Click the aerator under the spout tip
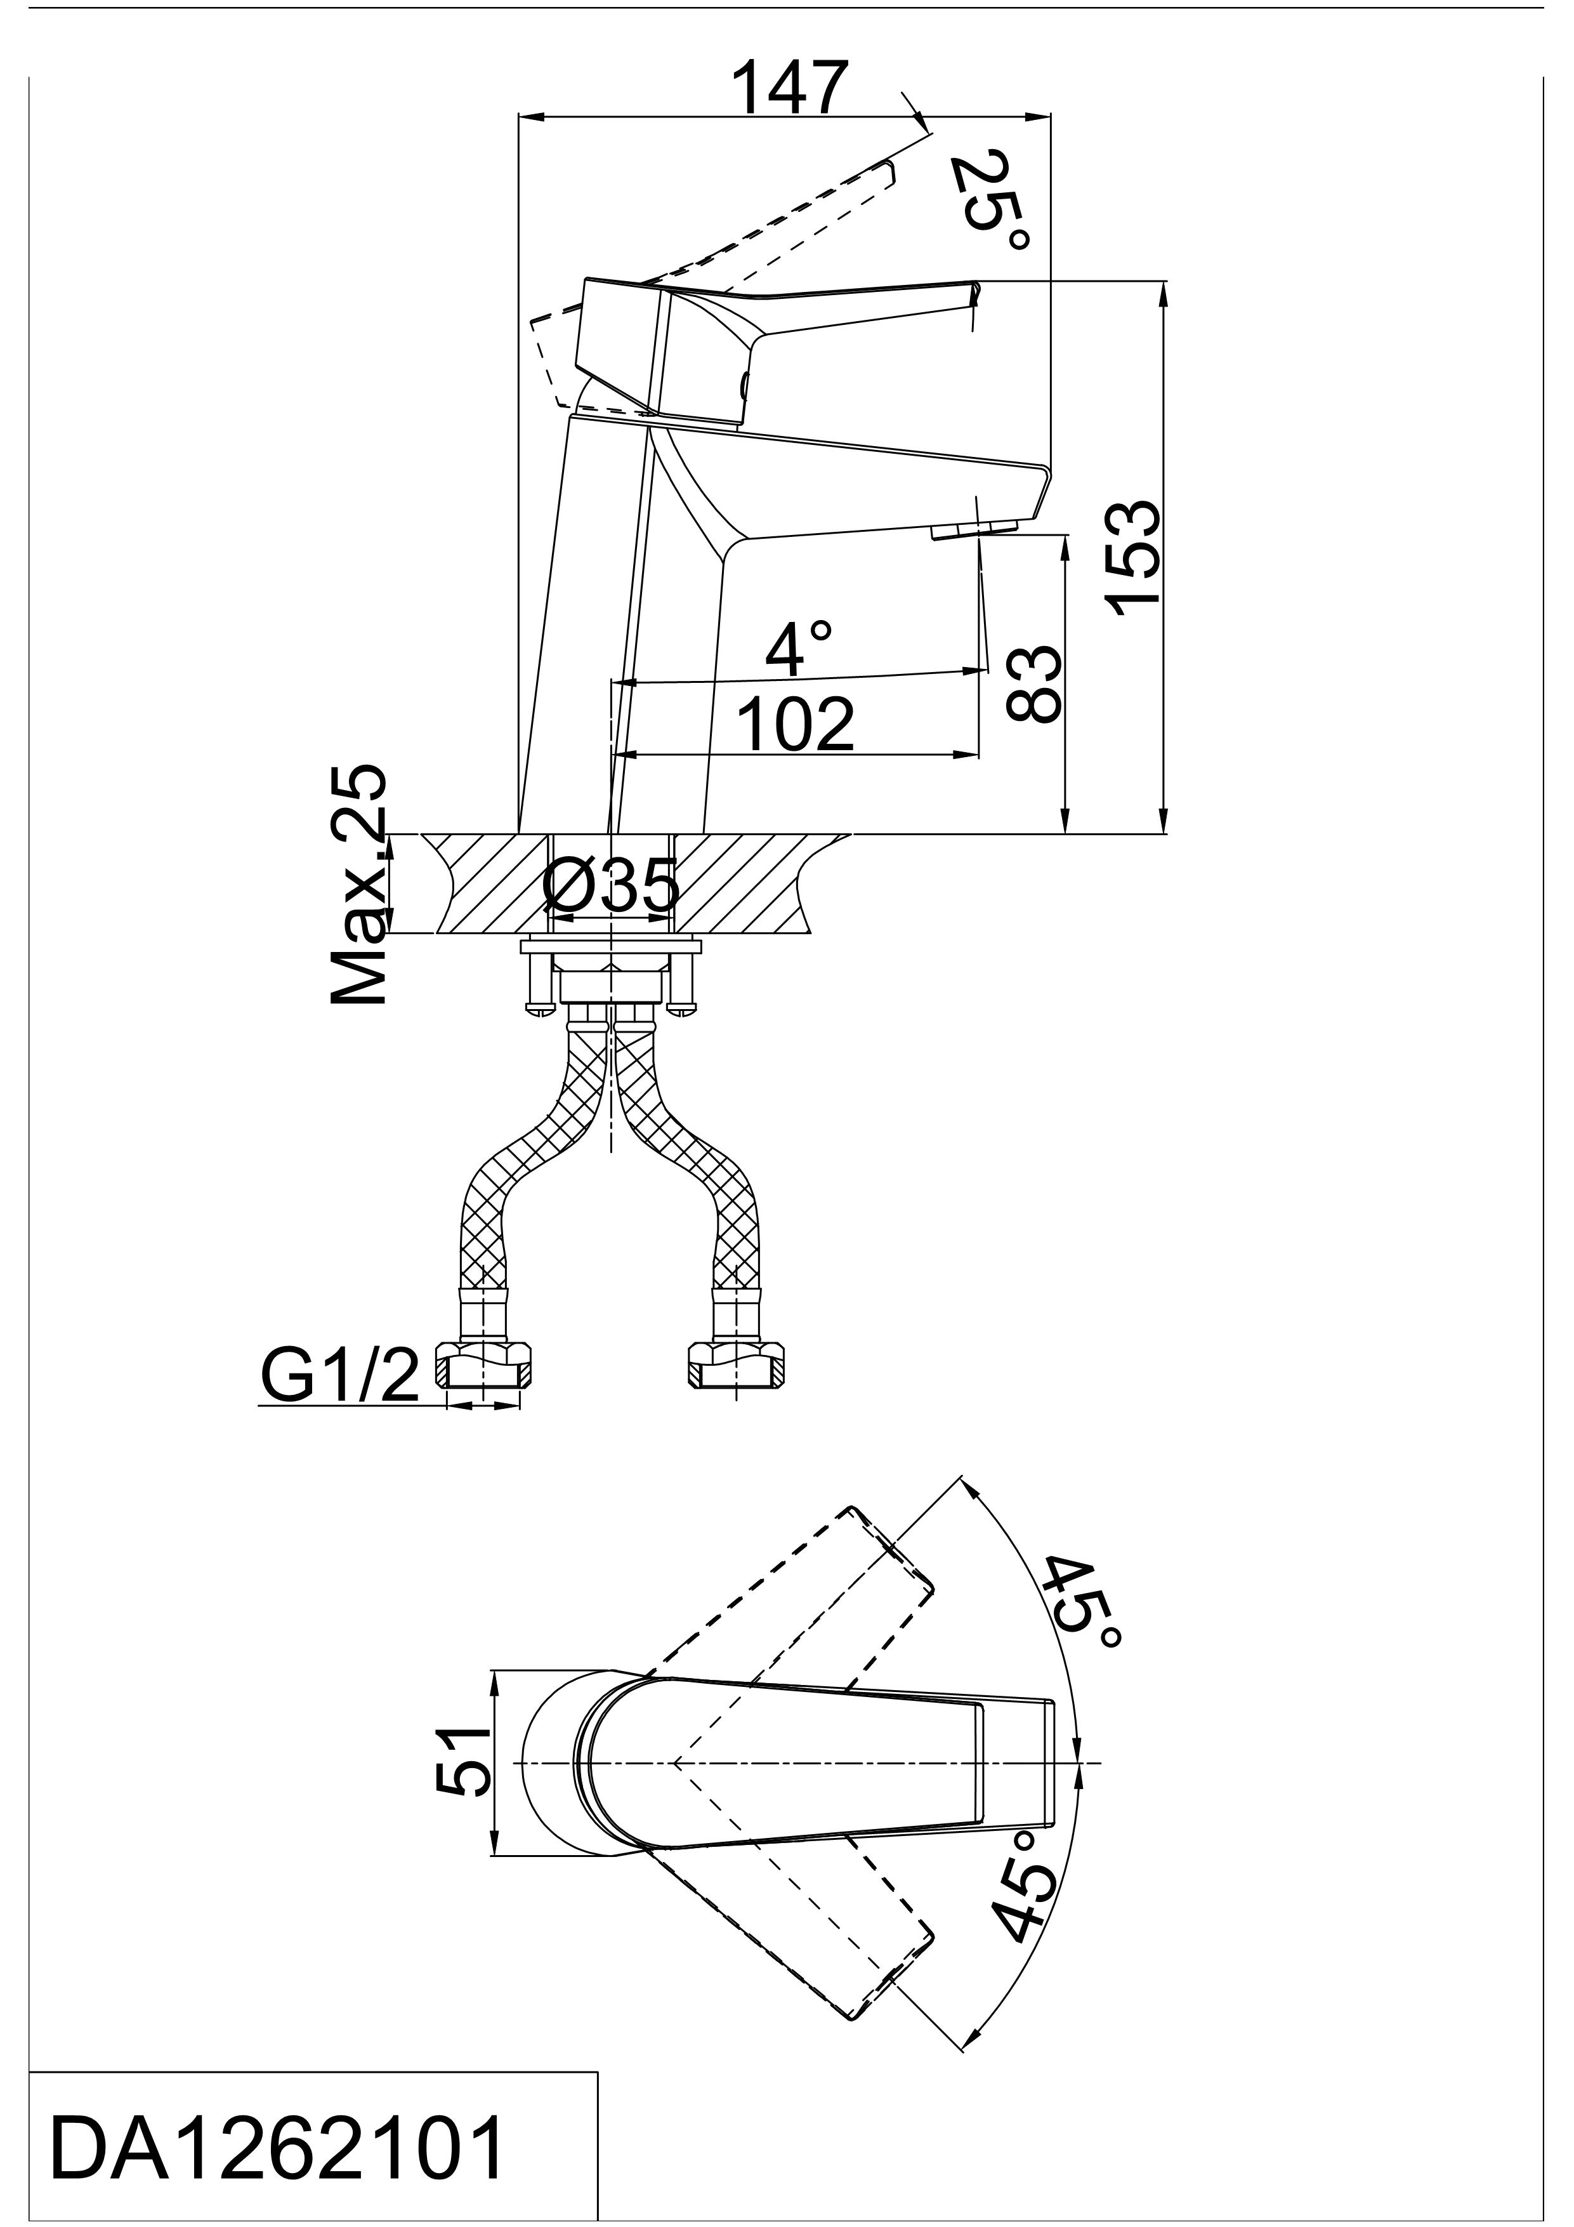coord(973,529)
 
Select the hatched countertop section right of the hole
coord(752,883)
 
